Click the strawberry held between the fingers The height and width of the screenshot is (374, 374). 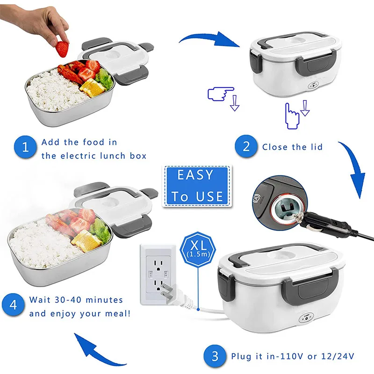pyautogui.click(x=62, y=47)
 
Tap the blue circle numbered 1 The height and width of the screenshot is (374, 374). pyautogui.click(x=26, y=148)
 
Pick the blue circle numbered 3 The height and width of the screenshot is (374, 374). pyautogui.click(x=215, y=356)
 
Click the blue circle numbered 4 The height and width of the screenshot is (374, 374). pyautogui.click(x=14, y=306)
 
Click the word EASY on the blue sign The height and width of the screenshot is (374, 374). pyautogui.click(x=195, y=176)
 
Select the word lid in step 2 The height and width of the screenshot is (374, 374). pyautogui.click(x=316, y=147)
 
